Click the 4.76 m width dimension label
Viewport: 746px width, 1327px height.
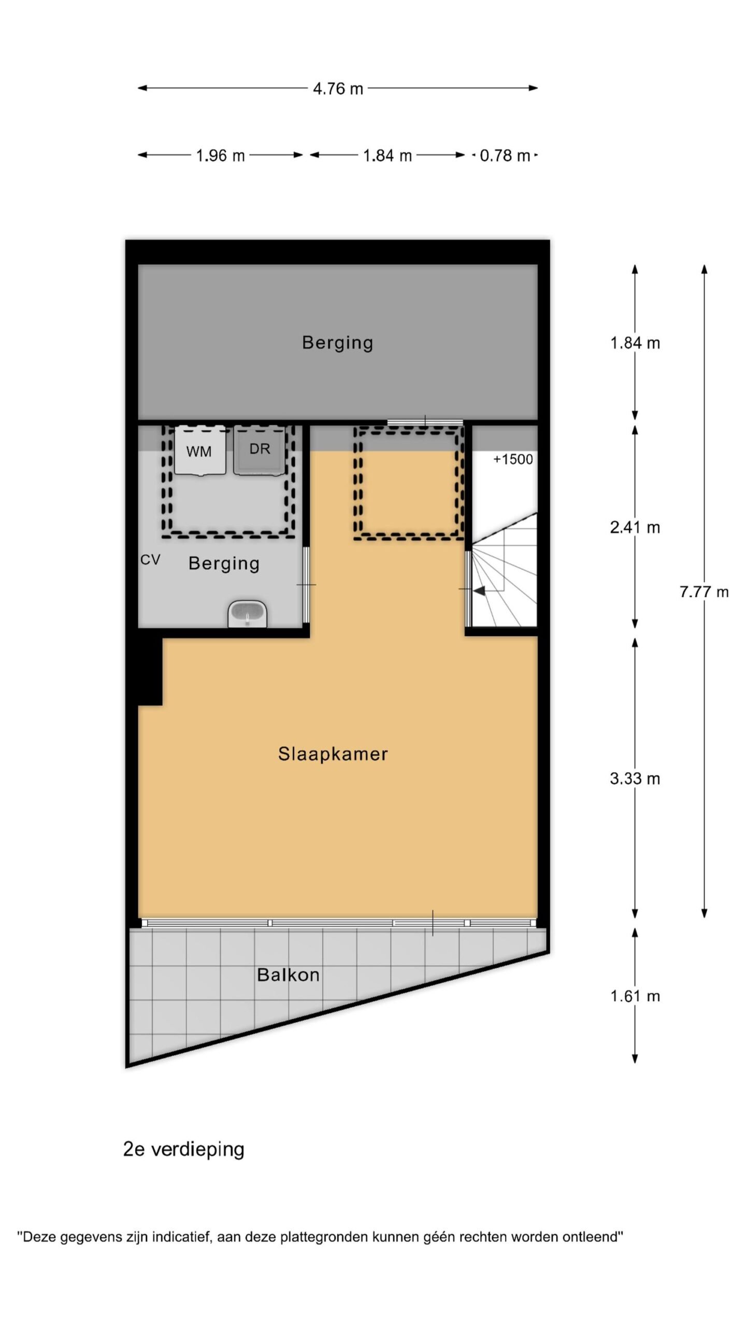tap(338, 89)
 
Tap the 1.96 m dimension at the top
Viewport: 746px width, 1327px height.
tap(220, 156)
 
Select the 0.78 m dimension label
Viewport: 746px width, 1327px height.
tap(505, 156)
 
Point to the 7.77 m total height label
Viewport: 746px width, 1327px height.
tap(704, 591)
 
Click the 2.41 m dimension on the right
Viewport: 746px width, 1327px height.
tap(635, 527)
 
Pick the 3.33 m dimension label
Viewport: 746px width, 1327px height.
tap(635, 778)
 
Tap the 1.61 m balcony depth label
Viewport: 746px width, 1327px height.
tap(635, 996)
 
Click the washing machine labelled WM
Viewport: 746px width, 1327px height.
tap(200, 450)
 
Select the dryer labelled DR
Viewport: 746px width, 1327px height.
tap(259, 450)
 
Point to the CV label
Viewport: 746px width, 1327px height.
tap(150, 560)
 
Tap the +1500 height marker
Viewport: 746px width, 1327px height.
tap(512, 459)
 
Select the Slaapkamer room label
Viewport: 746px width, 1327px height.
tap(333, 754)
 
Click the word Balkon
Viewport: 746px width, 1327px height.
tap(288, 975)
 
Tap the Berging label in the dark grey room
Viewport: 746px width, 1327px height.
tap(337, 343)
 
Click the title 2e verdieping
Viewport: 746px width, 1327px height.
tap(183, 1149)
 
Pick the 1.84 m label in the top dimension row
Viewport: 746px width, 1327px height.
tap(387, 156)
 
